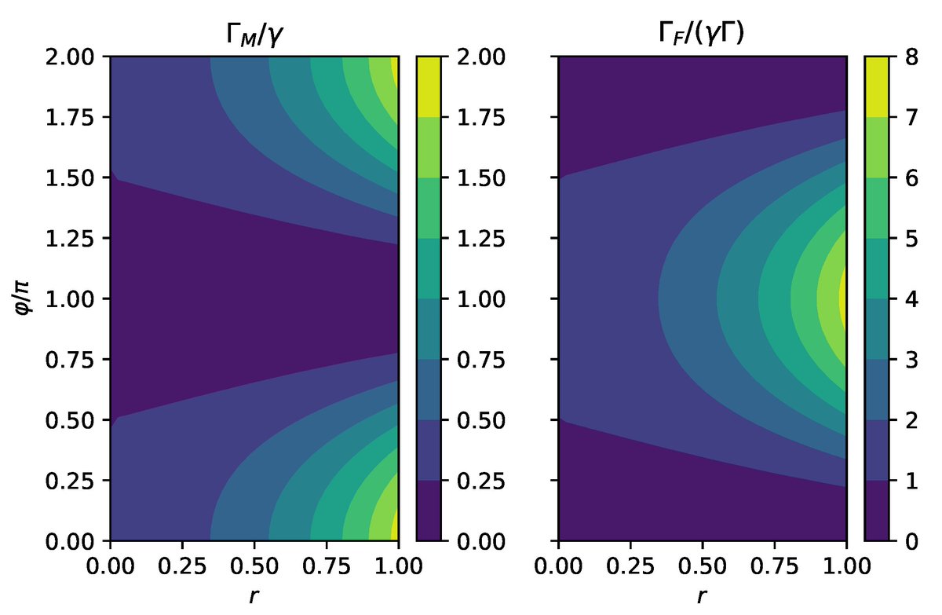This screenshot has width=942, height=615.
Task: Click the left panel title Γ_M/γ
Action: coord(254,33)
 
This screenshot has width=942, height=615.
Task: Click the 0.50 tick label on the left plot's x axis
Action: coord(254,564)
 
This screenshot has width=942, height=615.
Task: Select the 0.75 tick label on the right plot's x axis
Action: coord(774,564)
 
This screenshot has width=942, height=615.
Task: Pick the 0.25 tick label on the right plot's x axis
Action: coord(630,564)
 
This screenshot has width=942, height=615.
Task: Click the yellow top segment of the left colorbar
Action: coord(428,87)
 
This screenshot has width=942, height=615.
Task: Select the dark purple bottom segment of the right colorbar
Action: coord(876,511)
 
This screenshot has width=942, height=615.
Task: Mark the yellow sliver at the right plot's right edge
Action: coord(843,299)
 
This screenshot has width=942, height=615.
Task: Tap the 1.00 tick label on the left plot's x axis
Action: coord(398,564)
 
